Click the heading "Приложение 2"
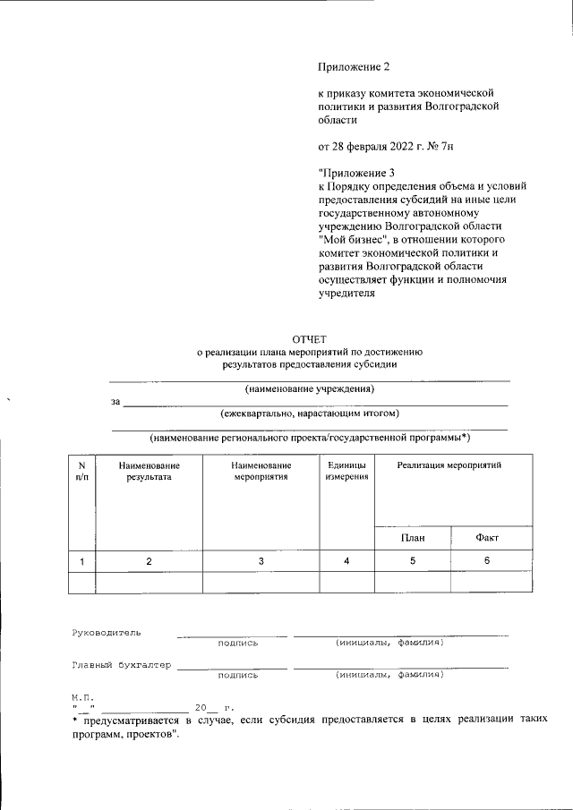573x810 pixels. pyautogui.click(x=355, y=65)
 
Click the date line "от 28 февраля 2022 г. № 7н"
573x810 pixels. pyautogui.click(x=392, y=144)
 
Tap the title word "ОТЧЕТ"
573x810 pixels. pyautogui.click(x=309, y=338)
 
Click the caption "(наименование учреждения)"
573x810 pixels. pyautogui.click(x=309, y=389)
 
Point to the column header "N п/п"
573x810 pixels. pyautogui.click(x=81, y=472)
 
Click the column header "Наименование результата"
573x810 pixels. pyautogui.click(x=149, y=472)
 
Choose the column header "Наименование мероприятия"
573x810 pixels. pyautogui.click(x=261, y=472)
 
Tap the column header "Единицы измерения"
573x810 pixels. pyautogui.click(x=346, y=472)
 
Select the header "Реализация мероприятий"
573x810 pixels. pyautogui.click(x=449, y=465)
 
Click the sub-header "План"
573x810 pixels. pyautogui.click(x=412, y=538)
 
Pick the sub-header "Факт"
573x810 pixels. pyautogui.click(x=487, y=538)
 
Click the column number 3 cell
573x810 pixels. pyautogui.click(x=261, y=561)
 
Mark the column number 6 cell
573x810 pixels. pyautogui.click(x=487, y=561)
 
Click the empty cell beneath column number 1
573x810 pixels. pyautogui.click(x=81, y=582)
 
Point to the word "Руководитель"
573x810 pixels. pyautogui.click(x=106, y=633)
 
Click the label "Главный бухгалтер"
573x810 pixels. pyautogui.click(x=122, y=665)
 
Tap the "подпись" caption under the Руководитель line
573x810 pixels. pyautogui.click(x=237, y=643)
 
